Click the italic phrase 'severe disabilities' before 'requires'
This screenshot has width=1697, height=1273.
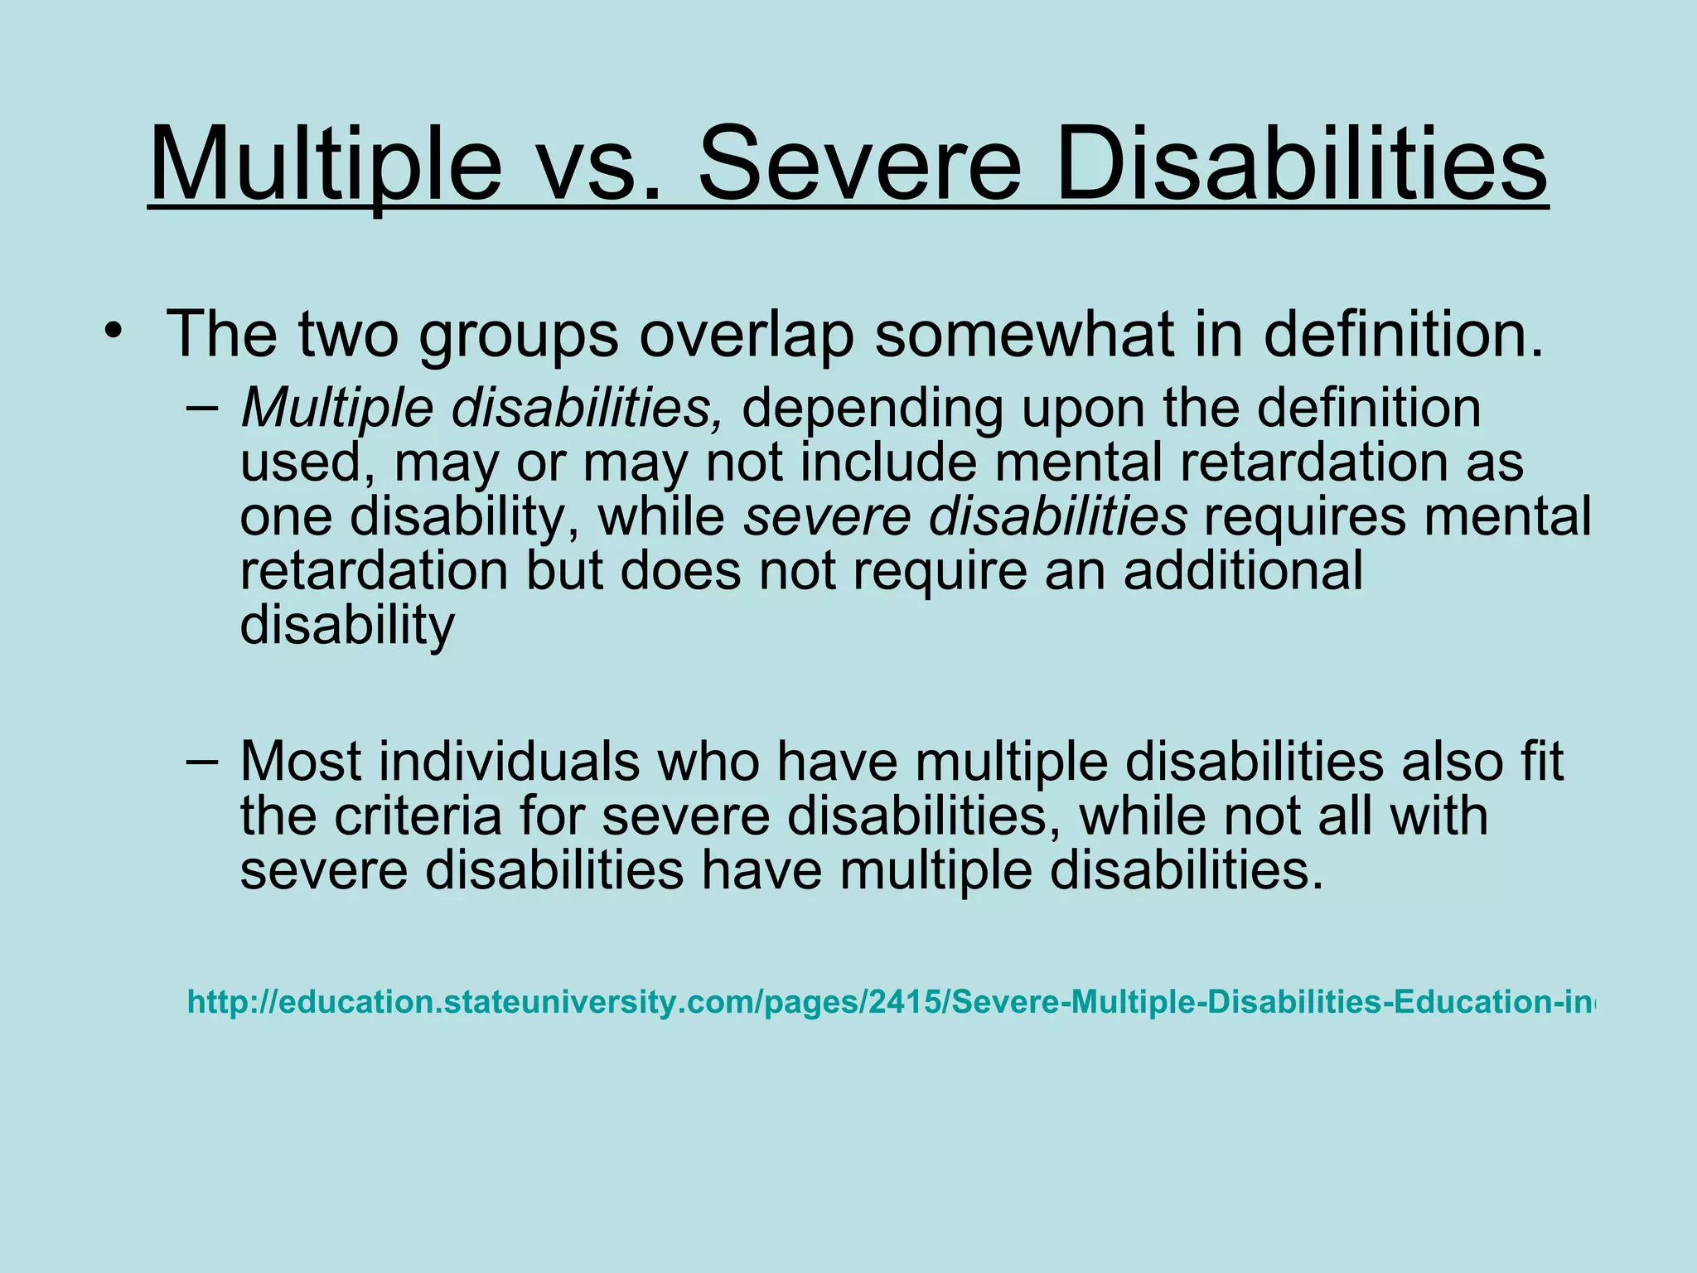point(965,516)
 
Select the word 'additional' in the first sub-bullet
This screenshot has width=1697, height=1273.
point(1243,570)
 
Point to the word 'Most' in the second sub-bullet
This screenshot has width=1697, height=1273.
point(301,761)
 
